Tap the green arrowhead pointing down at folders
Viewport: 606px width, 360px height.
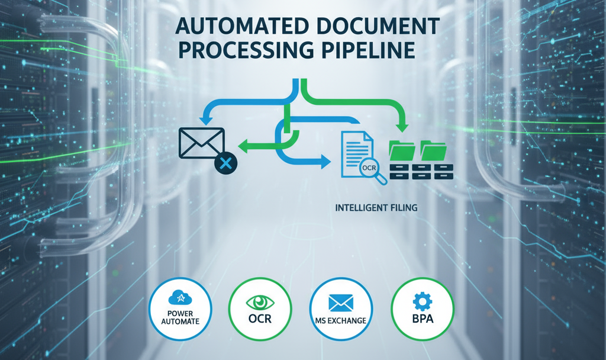pos(404,126)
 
